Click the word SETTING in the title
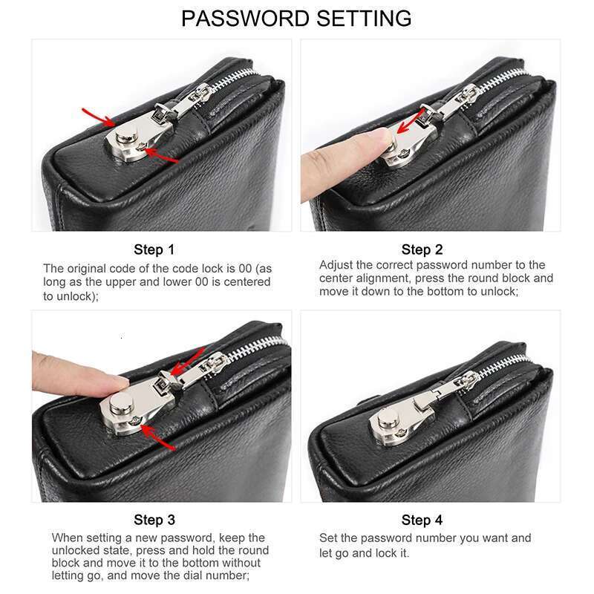364,18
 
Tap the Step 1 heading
154,249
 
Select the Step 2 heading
422,249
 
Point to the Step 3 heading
154,520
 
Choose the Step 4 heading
422,520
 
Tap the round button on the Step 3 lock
121,403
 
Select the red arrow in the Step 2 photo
411,121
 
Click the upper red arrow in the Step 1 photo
99,117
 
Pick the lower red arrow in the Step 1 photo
161,155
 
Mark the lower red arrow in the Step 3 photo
158,437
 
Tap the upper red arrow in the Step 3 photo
188,362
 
